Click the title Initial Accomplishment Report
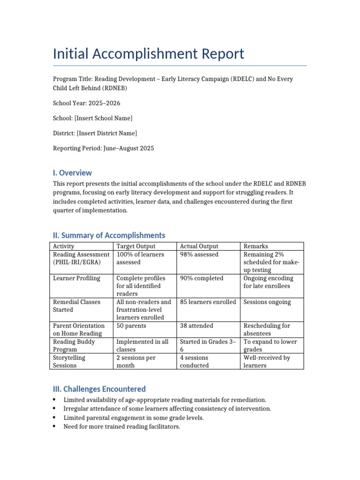(x=149, y=54)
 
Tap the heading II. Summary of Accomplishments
(x=109, y=235)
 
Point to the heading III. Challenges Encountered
(x=99, y=389)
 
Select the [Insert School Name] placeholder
(x=105, y=118)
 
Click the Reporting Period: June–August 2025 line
(x=103, y=148)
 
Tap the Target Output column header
(x=136, y=246)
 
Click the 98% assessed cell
(x=199, y=255)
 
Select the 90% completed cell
(x=202, y=278)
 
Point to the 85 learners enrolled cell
(x=208, y=302)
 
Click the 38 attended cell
(x=196, y=326)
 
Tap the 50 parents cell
(x=131, y=326)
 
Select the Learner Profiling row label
(x=76, y=278)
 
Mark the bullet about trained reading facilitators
(x=121, y=427)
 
